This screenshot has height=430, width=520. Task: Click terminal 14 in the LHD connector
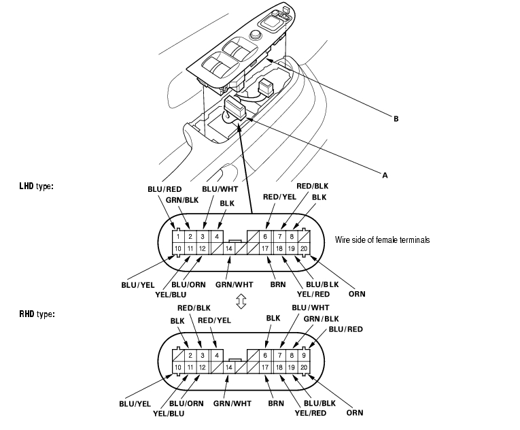point(229,249)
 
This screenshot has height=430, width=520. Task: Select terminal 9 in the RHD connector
point(304,355)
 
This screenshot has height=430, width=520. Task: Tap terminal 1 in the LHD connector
point(178,236)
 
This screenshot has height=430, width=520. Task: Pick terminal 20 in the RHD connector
point(304,367)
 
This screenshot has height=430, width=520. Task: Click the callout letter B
point(396,118)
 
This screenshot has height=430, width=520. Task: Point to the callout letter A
point(385,175)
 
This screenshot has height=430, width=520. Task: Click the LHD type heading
point(36,186)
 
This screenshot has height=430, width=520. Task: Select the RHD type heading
point(37,314)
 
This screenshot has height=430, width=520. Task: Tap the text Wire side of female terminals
point(382,239)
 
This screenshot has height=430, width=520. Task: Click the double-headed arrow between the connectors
point(241,301)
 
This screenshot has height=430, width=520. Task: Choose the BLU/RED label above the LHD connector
point(164,189)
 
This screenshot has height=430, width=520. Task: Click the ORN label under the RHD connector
point(355,413)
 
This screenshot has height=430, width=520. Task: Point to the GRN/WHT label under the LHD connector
point(234,284)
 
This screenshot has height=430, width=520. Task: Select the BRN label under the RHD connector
point(276,403)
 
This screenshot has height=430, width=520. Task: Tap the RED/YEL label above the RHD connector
point(214,320)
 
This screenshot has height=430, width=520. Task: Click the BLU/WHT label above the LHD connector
point(220,189)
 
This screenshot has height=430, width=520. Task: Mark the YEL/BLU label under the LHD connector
point(171,295)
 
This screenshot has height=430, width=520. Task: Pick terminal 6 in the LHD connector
point(265,236)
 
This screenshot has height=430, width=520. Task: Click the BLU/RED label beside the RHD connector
point(345,329)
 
